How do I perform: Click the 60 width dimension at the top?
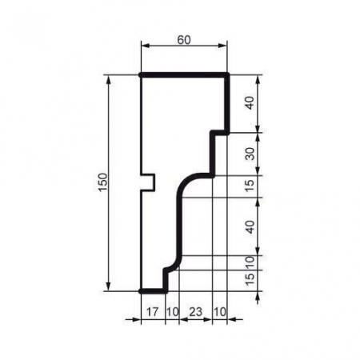184,38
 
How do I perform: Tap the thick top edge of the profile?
185,75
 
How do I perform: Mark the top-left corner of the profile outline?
141,75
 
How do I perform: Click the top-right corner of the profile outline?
229,75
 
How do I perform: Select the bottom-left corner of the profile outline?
141,291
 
